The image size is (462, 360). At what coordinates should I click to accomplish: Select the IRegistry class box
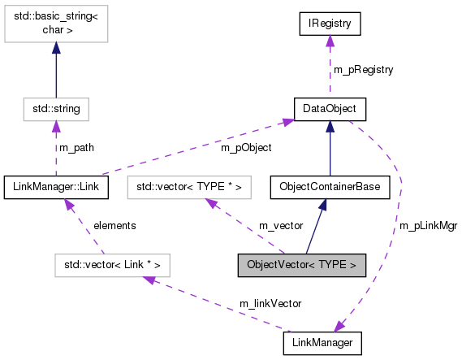pos(330,24)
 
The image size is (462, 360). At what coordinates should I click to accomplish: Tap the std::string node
pos(56,107)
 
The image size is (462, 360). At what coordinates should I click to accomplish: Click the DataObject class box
pos(330,107)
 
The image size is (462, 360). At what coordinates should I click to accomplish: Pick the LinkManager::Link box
pos(56,187)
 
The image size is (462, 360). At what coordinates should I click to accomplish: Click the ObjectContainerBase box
pos(330,187)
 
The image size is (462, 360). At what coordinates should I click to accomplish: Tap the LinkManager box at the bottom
pos(322,344)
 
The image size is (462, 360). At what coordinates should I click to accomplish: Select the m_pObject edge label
pos(245,148)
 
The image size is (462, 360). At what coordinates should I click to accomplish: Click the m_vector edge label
pos(280,225)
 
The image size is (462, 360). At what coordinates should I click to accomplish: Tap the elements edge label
pos(114,225)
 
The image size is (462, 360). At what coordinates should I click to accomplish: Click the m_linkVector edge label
pos(270,303)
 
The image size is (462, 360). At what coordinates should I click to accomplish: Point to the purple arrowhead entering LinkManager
pos(341,327)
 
